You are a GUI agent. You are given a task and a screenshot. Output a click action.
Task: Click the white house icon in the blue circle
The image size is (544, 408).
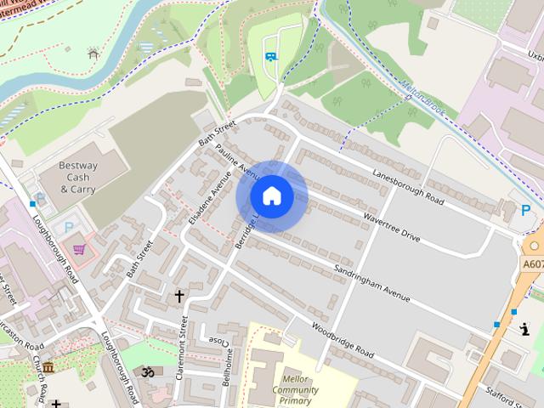tap(271, 196)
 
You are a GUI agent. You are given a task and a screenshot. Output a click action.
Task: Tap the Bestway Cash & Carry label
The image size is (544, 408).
tap(78, 177)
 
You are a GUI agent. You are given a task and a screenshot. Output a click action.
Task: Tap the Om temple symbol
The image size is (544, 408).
tap(146, 371)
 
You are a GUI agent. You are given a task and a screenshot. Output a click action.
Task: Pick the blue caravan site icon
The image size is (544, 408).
tap(269, 57)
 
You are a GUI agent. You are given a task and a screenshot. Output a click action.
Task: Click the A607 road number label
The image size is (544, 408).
tap(533, 265)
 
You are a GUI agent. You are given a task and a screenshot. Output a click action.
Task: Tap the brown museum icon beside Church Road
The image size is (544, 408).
tap(48, 366)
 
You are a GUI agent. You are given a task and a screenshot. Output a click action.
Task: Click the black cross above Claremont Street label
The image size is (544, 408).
tap(179, 296)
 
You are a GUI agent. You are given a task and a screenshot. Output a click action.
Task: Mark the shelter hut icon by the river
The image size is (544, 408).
tap(93, 54)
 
